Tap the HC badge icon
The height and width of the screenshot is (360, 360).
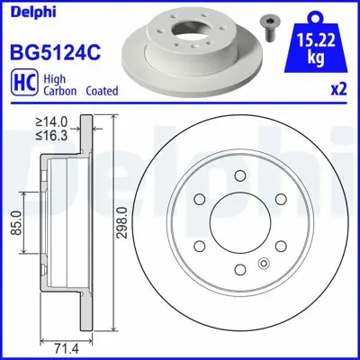pyautogui.click(x=22, y=84)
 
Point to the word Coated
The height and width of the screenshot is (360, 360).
pyautogui.click(x=102, y=91)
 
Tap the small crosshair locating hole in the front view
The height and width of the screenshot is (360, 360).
pyautogui.click(x=263, y=264)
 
